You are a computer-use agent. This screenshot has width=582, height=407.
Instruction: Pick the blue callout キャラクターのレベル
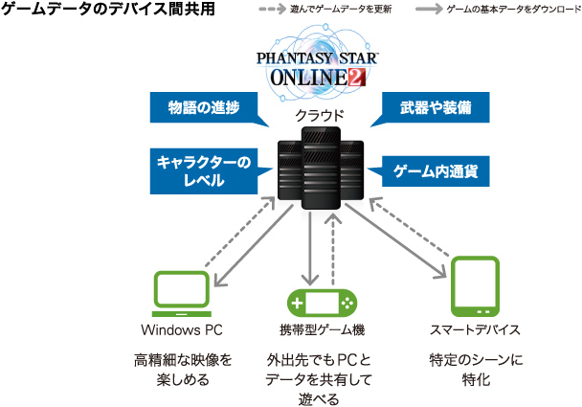pos(202,170)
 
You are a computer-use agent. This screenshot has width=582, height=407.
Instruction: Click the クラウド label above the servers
pos(312,117)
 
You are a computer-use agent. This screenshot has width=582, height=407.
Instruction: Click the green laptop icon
pos(181,295)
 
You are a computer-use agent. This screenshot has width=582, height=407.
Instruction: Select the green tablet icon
pos(474,286)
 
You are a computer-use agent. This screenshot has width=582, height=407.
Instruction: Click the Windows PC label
pos(181,330)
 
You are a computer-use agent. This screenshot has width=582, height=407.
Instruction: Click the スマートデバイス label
pos(475,330)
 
